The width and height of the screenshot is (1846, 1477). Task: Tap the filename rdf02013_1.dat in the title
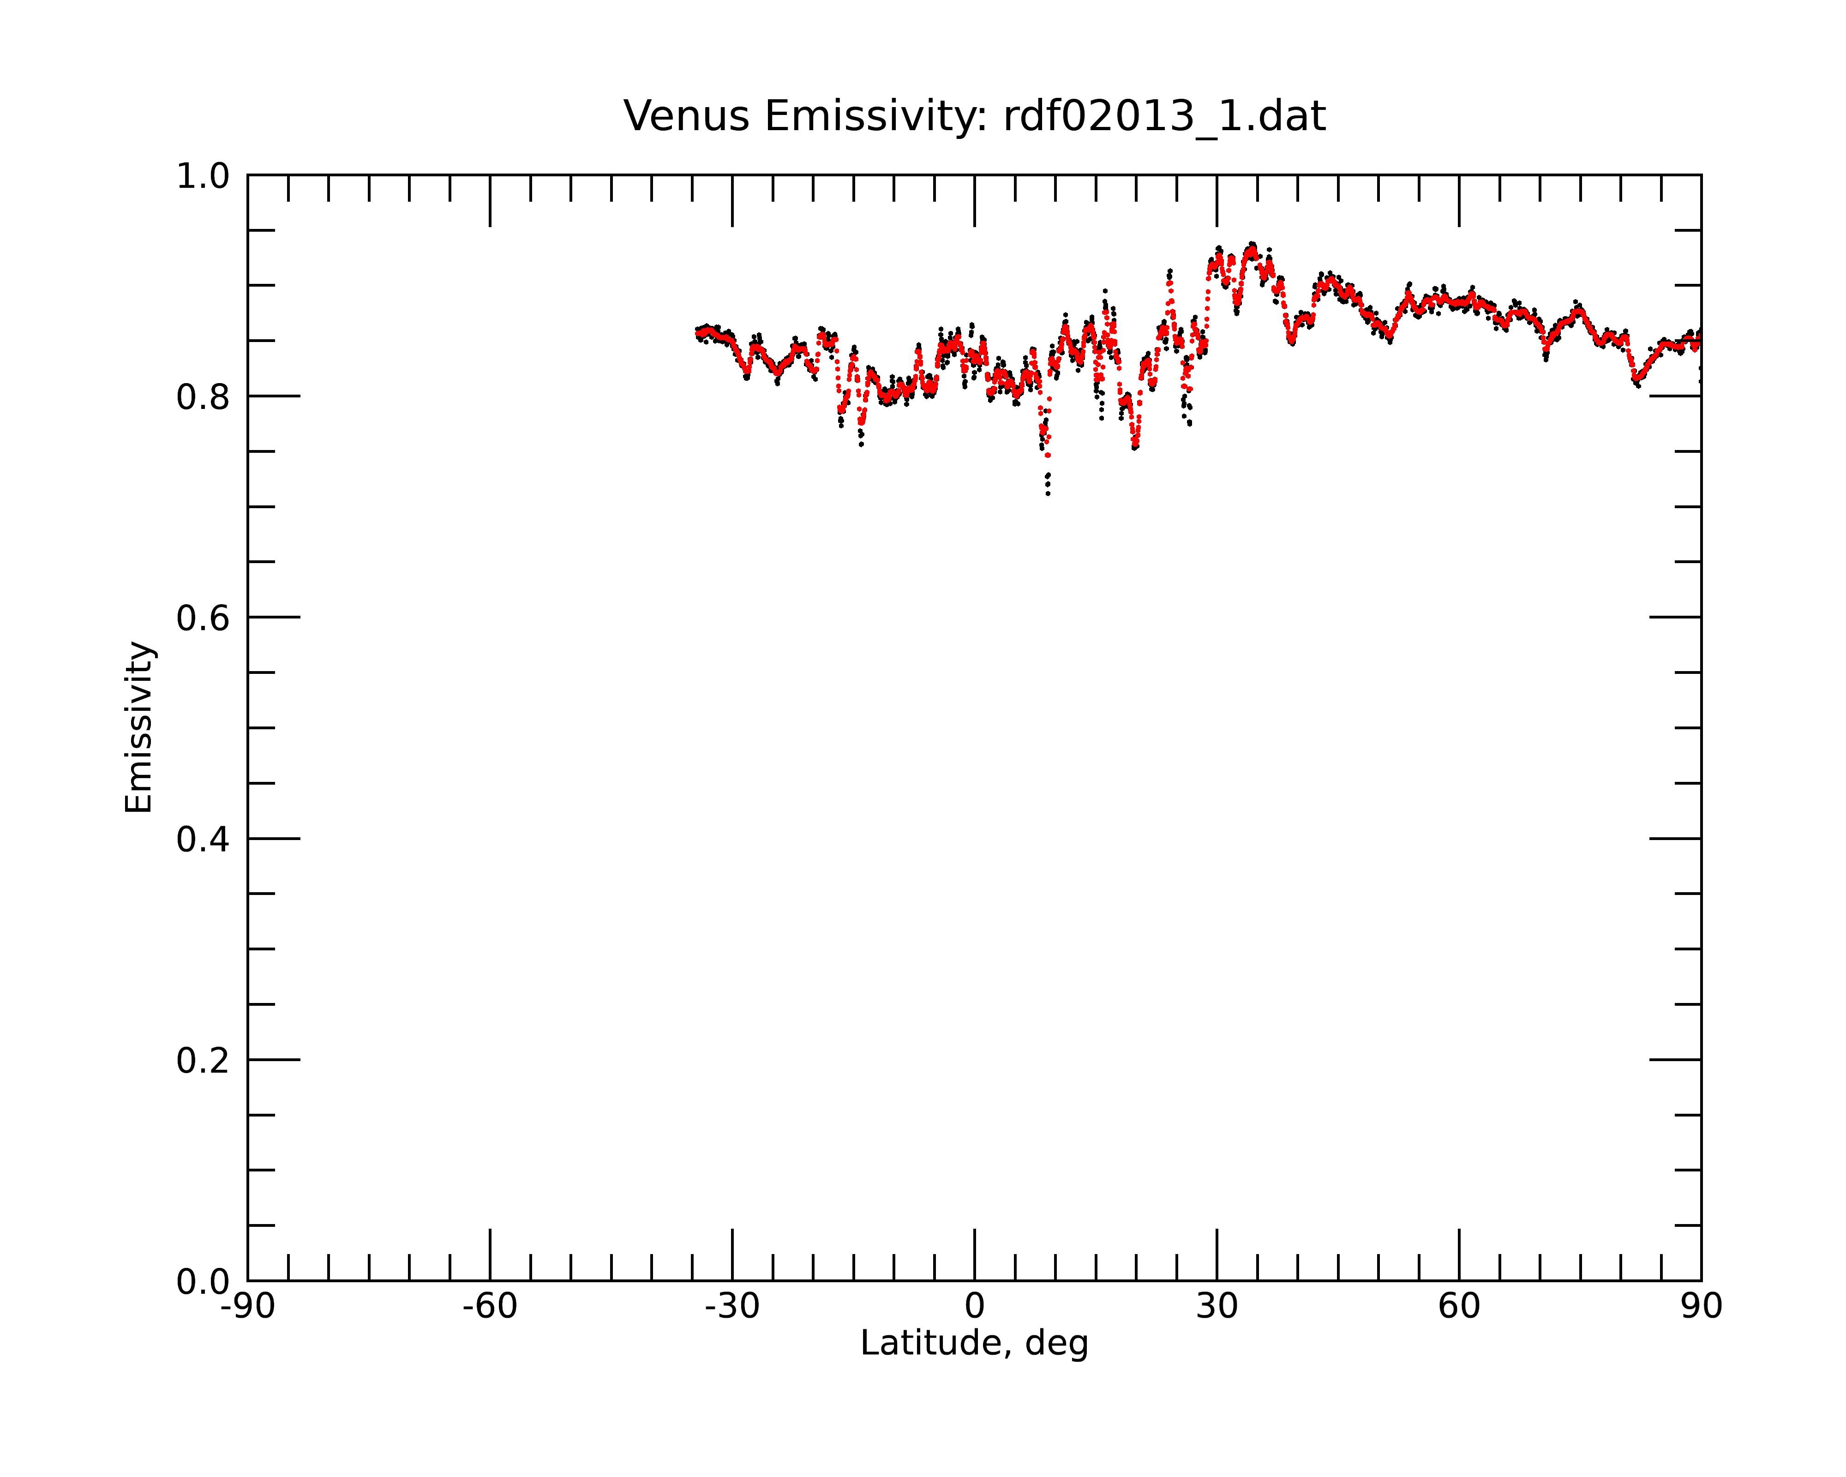tap(1164, 116)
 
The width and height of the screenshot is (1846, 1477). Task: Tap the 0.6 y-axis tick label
tap(203, 618)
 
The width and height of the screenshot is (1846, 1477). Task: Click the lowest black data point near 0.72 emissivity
tap(1048, 494)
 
